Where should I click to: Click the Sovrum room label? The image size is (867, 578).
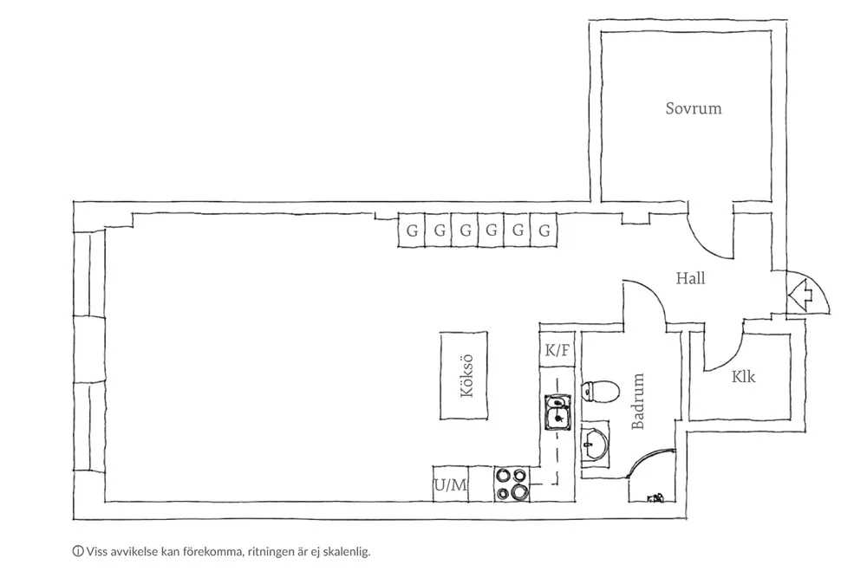[x=694, y=109]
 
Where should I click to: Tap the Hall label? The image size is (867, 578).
[x=690, y=278]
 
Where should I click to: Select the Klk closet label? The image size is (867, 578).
[x=743, y=377]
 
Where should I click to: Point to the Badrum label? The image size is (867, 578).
[x=639, y=402]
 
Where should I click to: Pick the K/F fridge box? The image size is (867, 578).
[x=557, y=351]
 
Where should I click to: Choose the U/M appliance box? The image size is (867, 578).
[x=450, y=485]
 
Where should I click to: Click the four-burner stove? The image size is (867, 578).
[x=512, y=484]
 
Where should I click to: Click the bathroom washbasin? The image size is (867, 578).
[x=593, y=445]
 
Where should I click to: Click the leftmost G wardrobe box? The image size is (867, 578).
[x=412, y=231]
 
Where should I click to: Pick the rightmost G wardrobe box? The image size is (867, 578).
[x=544, y=231]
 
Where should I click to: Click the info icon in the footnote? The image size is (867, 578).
[x=79, y=550]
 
